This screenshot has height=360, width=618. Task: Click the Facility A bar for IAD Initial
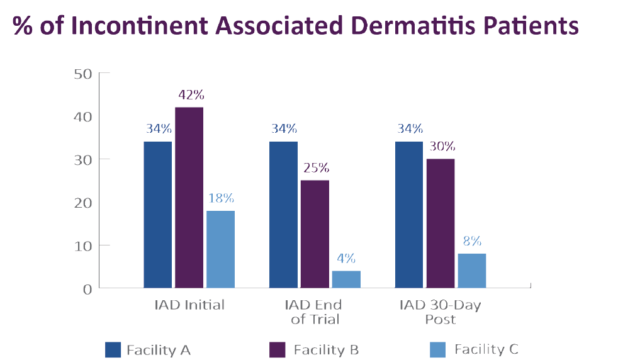[x=157, y=214]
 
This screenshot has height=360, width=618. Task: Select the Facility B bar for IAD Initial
[x=189, y=198]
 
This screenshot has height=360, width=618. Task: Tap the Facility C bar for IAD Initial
[x=220, y=249]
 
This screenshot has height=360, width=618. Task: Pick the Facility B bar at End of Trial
[x=315, y=234]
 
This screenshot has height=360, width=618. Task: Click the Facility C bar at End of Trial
[x=346, y=279]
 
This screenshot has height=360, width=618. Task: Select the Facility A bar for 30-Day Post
[x=408, y=214]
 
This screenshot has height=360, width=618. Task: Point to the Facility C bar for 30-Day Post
[x=471, y=271]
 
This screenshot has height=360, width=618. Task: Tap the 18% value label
[x=220, y=198]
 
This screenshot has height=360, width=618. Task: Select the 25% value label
[x=316, y=168]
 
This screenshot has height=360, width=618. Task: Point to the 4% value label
[x=346, y=258]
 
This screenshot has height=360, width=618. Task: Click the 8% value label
[x=472, y=241]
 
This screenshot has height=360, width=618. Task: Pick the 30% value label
[x=441, y=146]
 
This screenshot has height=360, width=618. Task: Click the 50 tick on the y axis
[x=84, y=74]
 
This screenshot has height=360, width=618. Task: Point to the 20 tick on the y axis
[x=84, y=203]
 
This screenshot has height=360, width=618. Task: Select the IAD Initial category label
[x=189, y=305]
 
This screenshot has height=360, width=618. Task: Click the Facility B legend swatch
[x=278, y=349]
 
